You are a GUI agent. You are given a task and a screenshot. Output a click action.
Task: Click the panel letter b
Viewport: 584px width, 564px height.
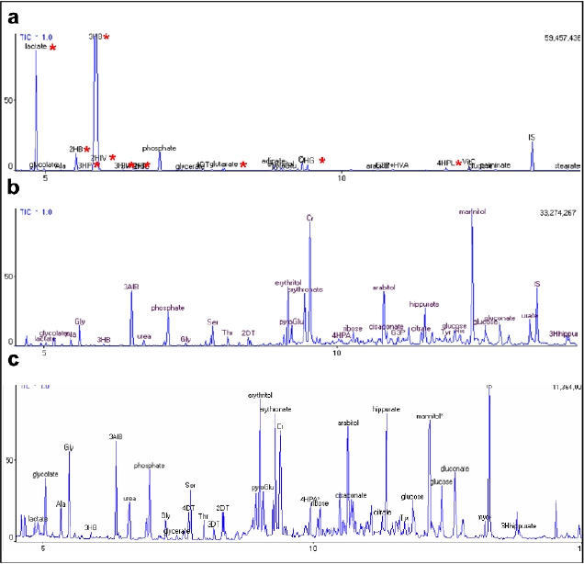point(12,190)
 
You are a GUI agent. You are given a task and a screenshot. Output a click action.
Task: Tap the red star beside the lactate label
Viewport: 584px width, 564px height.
point(53,48)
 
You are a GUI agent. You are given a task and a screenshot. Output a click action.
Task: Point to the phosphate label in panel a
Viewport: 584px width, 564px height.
point(159,148)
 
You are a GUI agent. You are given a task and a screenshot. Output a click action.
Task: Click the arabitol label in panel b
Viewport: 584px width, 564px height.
point(384,288)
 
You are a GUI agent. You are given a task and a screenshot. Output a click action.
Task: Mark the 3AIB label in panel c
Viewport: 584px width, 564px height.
point(116,436)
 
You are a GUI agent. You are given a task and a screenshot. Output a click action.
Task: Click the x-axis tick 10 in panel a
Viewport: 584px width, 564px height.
point(342,177)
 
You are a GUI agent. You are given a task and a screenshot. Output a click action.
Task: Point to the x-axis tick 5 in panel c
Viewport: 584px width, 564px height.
point(42,549)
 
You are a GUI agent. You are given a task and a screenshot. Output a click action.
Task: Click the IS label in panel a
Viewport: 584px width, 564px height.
point(532,138)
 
